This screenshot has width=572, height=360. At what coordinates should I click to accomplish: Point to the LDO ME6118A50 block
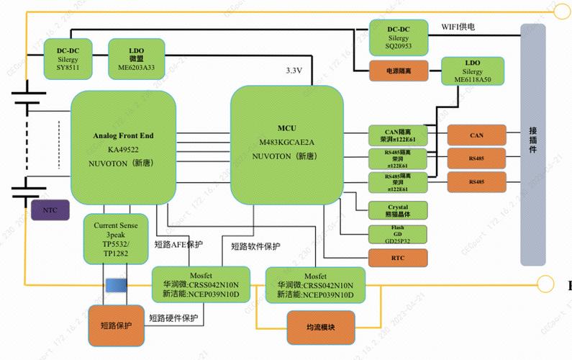pos(472,71)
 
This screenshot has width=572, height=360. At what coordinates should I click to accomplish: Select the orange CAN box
pos(476,135)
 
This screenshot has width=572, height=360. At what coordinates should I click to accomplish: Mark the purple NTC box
pos(51,210)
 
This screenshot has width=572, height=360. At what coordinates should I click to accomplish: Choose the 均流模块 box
pos(322,328)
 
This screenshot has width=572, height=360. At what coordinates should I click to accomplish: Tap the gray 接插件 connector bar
pos(533,144)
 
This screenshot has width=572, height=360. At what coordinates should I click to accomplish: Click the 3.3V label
pos(294,70)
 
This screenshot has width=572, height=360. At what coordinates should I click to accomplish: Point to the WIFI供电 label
pos(458,27)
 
